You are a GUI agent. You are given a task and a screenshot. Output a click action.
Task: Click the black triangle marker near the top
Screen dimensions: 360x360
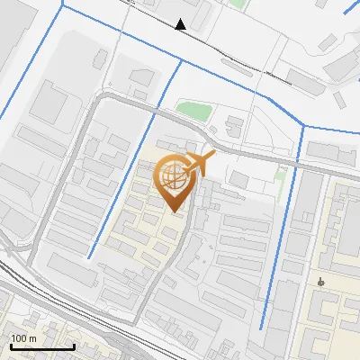click(182, 24)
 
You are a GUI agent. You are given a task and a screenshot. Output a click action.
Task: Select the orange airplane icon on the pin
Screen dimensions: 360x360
click(201, 164)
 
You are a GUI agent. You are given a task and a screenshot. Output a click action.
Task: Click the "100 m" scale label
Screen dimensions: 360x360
click(23, 338)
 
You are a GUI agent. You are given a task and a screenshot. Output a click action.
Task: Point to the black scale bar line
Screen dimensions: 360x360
click(41, 346)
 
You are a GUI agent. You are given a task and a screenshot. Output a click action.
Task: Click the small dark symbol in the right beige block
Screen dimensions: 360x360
click(321, 282)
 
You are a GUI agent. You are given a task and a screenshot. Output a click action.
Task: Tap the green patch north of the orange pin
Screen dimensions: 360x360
click(193, 111)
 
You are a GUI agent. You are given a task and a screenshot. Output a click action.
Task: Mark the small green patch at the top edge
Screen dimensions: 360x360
click(237, 4)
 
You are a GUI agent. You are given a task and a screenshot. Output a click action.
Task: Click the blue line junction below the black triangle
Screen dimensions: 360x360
click(182, 61)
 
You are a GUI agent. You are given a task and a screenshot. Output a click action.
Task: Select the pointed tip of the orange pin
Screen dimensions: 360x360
click(175, 212)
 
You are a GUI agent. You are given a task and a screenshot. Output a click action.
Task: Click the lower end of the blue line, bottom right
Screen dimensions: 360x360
click(261, 329)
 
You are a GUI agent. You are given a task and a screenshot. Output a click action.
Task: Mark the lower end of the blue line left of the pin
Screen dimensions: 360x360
click(89, 258)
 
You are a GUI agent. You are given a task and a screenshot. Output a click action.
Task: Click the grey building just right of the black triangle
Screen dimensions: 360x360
click(200, 11)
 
